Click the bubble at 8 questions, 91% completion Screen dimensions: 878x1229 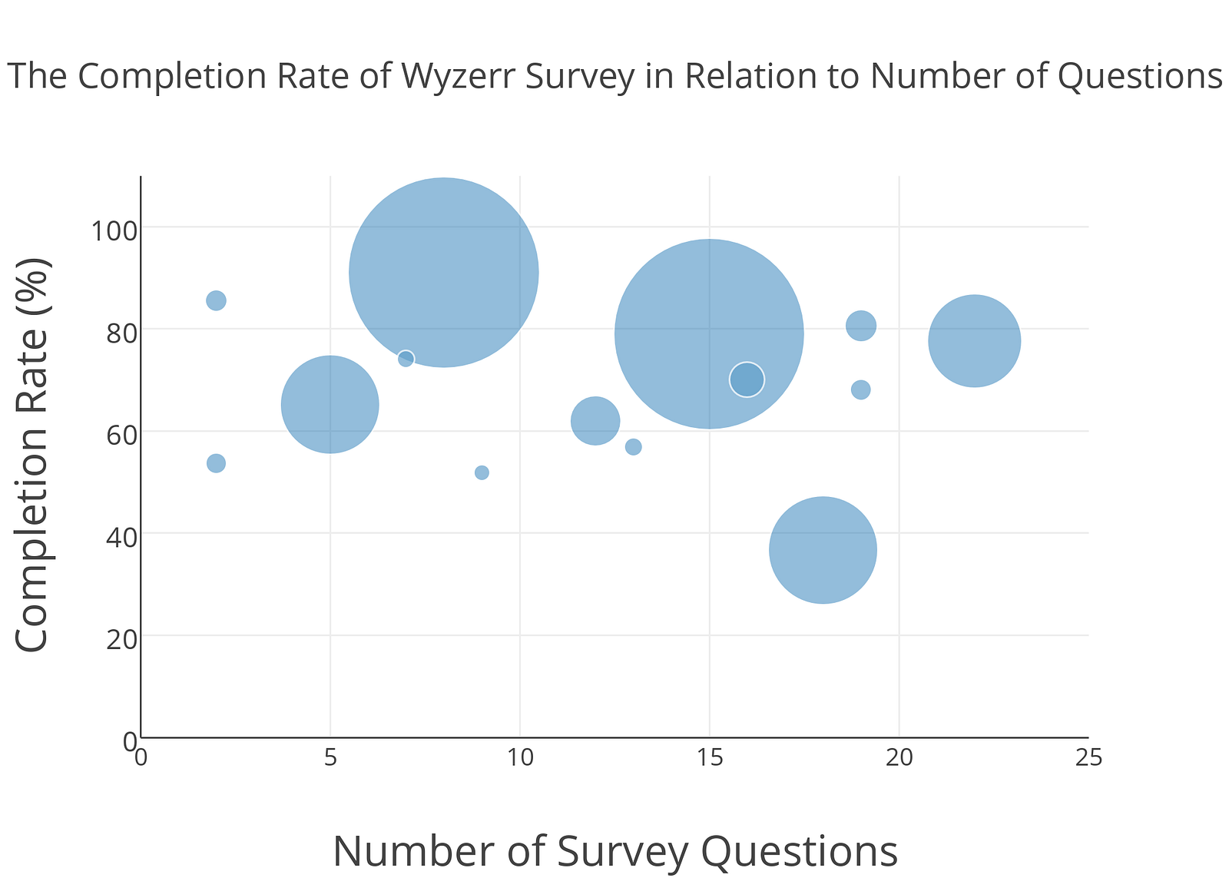pyautogui.click(x=443, y=273)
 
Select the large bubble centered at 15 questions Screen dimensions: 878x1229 pyautogui.click(x=709, y=334)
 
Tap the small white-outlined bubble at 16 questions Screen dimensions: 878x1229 pyautogui.click(x=747, y=379)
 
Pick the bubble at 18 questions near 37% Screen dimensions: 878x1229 pyautogui.click(x=823, y=550)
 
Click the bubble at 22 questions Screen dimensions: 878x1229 pyautogui.click(x=974, y=341)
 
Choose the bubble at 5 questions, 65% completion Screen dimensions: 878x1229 pyautogui.click(x=330, y=405)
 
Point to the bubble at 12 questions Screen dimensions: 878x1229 pyautogui.click(x=595, y=421)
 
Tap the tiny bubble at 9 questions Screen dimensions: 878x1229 pyautogui.click(x=482, y=472)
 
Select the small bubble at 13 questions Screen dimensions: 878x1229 pyautogui.click(x=633, y=447)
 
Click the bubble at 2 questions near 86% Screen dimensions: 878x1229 pyautogui.click(x=216, y=300)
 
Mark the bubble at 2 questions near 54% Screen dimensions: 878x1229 pyautogui.click(x=216, y=463)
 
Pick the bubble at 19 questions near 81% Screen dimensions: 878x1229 pyautogui.click(x=861, y=325)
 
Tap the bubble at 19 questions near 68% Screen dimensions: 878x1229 pyautogui.click(x=861, y=390)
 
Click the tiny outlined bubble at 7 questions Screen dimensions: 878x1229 pyautogui.click(x=406, y=359)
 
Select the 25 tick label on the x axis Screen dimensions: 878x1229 pyautogui.click(x=1088, y=759)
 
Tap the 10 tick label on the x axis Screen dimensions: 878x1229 pyautogui.click(x=520, y=759)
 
